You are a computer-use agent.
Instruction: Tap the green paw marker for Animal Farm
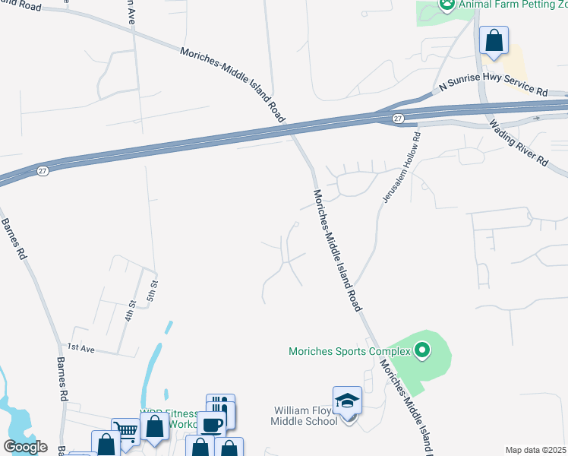(x=447, y=5)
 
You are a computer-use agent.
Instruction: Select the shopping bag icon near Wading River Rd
(x=494, y=40)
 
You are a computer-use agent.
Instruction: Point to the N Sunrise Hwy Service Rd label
(x=494, y=89)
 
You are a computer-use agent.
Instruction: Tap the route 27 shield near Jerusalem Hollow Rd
(x=398, y=119)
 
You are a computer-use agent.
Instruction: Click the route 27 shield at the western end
(x=43, y=171)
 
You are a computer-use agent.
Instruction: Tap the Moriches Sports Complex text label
(x=349, y=351)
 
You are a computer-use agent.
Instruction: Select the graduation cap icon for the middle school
(x=347, y=400)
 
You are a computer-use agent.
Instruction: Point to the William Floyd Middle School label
(x=306, y=416)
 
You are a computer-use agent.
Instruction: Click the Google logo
(x=25, y=447)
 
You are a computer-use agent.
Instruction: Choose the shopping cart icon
(x=125, y=432)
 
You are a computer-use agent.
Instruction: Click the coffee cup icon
(x=211, y=425)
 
